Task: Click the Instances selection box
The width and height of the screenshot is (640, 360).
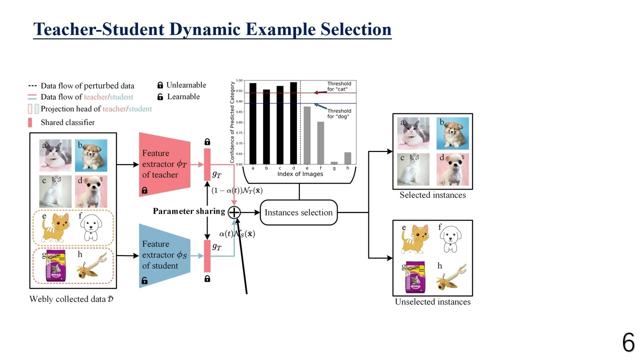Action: [x=298, y=212]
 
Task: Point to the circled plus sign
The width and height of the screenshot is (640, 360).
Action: [x=234, y=212]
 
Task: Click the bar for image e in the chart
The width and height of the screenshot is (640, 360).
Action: [x=306, y=135]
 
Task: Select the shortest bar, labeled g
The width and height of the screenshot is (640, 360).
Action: [x=334, y=162]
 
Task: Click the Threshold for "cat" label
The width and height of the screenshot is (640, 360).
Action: [x=339, y=86]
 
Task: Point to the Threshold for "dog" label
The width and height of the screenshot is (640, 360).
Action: [x=339, y=114]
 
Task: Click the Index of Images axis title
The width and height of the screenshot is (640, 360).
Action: [x=300, y=174]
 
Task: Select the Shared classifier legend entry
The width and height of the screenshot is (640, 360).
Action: [x=67, y=122]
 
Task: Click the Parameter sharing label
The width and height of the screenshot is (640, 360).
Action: [x=188, y=211]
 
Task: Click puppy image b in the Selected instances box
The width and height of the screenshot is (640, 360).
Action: [x=452, y=133]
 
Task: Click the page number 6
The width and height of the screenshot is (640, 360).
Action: [x=628, y=343]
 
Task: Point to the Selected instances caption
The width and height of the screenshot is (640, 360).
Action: [x=432, y=195]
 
